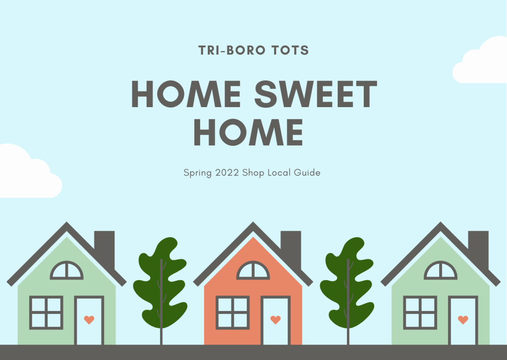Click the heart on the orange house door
point(276,320)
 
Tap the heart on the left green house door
point(89,320)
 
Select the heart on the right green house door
point(463,320)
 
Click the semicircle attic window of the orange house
point(253,271)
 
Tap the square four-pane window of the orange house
point(232,312)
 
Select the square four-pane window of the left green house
point(46,312)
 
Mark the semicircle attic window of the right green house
point(440,271)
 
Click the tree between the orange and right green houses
point(347,283)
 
